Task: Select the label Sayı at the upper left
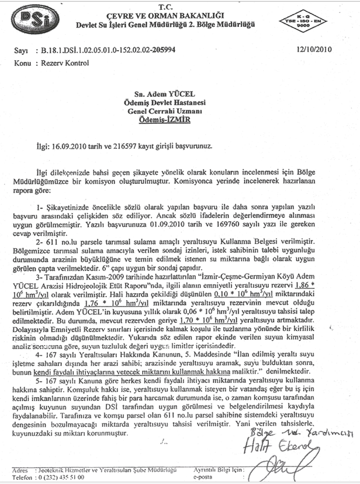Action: tap(21, 51)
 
